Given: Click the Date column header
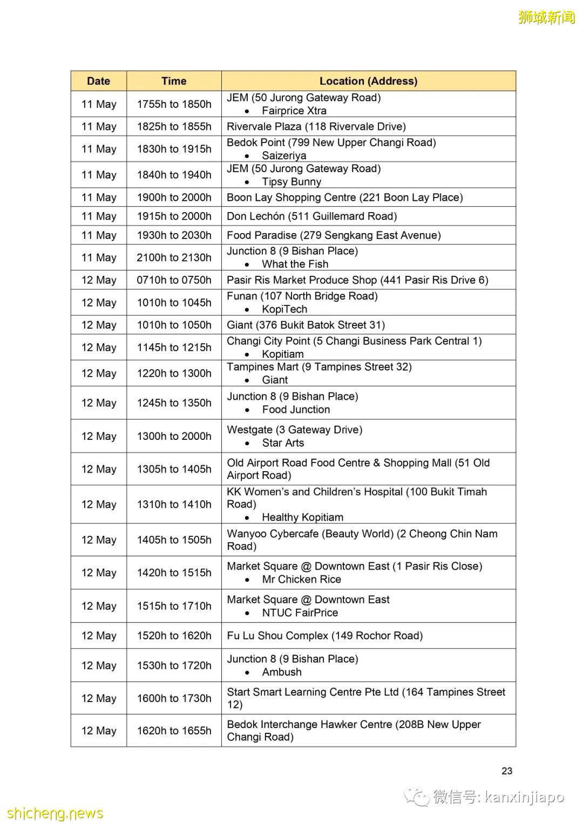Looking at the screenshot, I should [98, 81].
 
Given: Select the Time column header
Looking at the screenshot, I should [174, 81].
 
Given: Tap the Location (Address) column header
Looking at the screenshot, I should [368, 81].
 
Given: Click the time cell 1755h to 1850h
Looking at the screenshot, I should [174, 104].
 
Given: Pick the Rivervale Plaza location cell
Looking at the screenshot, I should [316, 126].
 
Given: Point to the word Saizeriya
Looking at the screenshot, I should [284, 155].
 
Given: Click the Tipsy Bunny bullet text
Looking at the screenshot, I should [291, 182].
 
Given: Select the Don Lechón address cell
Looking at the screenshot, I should [311, 216].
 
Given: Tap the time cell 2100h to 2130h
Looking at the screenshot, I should [174, 257].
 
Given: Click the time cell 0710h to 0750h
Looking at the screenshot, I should [174, 280].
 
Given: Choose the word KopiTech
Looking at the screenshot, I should [284, 309].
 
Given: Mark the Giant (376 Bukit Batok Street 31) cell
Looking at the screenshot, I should [306, 325].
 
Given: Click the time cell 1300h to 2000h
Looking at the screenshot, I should [174, 436].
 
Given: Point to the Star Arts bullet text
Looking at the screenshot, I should [283, 443].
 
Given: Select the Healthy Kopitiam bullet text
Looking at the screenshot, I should [302, 517].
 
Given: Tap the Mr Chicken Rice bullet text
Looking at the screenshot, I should [301, 580].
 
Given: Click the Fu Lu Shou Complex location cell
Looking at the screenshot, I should [324, 636].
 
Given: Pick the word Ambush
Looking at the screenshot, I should [282, 672].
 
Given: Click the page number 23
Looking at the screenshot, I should [507, 771].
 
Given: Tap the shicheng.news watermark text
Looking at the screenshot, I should [55, 813].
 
